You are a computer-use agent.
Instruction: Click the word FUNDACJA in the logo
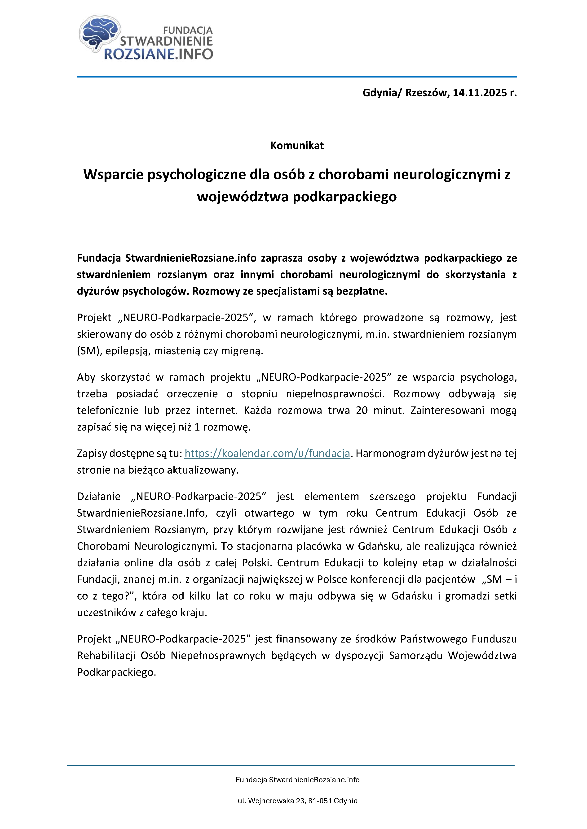click(x=188, y=30)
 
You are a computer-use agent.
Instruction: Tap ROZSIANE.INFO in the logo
click(x=158, y=54)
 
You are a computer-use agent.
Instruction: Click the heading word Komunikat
click(x=297, y=146)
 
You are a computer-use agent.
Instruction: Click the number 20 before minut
click(x=362, y=410)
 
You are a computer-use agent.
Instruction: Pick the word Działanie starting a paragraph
click(x=99, y=497)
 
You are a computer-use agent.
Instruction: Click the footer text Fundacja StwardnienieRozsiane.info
click(x=297, y=780)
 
